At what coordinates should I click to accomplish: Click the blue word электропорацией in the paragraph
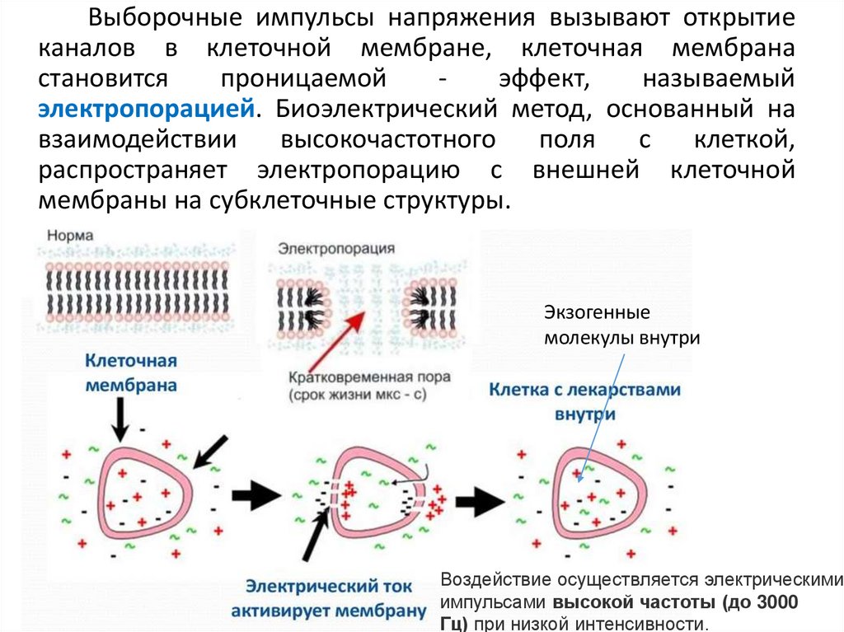pyautogui.click(x=146, y=108)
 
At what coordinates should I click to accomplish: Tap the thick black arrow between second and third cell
pyautogui.click(x=479, y=498)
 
